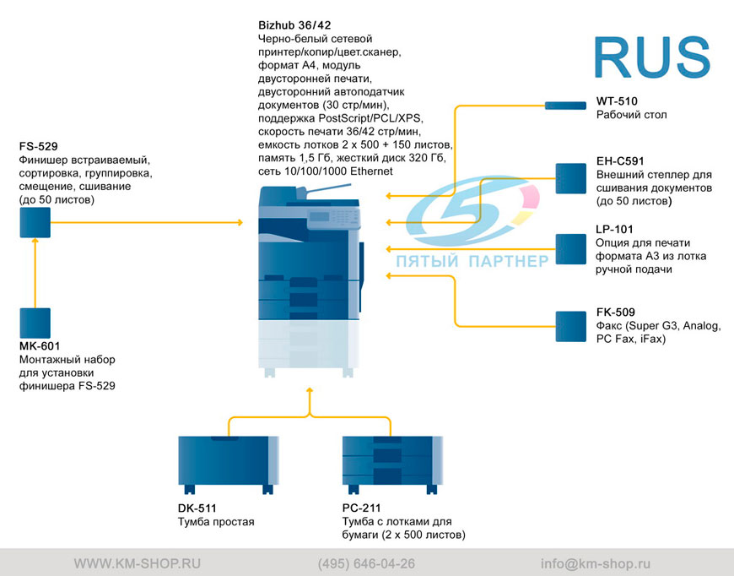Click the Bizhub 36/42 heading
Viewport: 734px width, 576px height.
coord(294,25)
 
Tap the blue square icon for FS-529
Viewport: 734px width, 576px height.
coord(35,223)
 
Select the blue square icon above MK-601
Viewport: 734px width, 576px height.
coord(35,323)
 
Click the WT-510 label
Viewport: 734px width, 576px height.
coord(617,101)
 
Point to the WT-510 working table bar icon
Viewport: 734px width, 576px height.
coord(565,106)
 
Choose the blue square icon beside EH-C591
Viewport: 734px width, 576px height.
coord(570,178)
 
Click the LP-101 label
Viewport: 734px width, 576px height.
coord(614,229)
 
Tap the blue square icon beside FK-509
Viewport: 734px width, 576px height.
coord(570,326)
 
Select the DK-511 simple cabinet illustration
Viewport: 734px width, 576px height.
coord(229,465)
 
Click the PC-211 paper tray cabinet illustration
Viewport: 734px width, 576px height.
coord(392,465)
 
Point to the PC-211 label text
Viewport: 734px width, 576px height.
coord(361,508)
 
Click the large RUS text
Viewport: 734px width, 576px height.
coord(652,57)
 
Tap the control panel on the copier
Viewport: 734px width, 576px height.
coord(333,219)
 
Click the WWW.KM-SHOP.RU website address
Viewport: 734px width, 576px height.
coord(138,563)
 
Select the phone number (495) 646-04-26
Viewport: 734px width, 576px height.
coord(366,563)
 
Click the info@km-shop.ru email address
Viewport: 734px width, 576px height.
coord(596,563)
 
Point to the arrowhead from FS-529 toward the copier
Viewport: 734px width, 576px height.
coord(240,223)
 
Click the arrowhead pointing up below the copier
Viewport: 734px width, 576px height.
coord(310,390)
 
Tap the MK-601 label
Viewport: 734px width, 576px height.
coord(40,346)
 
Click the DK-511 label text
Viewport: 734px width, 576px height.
coord(197,508)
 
